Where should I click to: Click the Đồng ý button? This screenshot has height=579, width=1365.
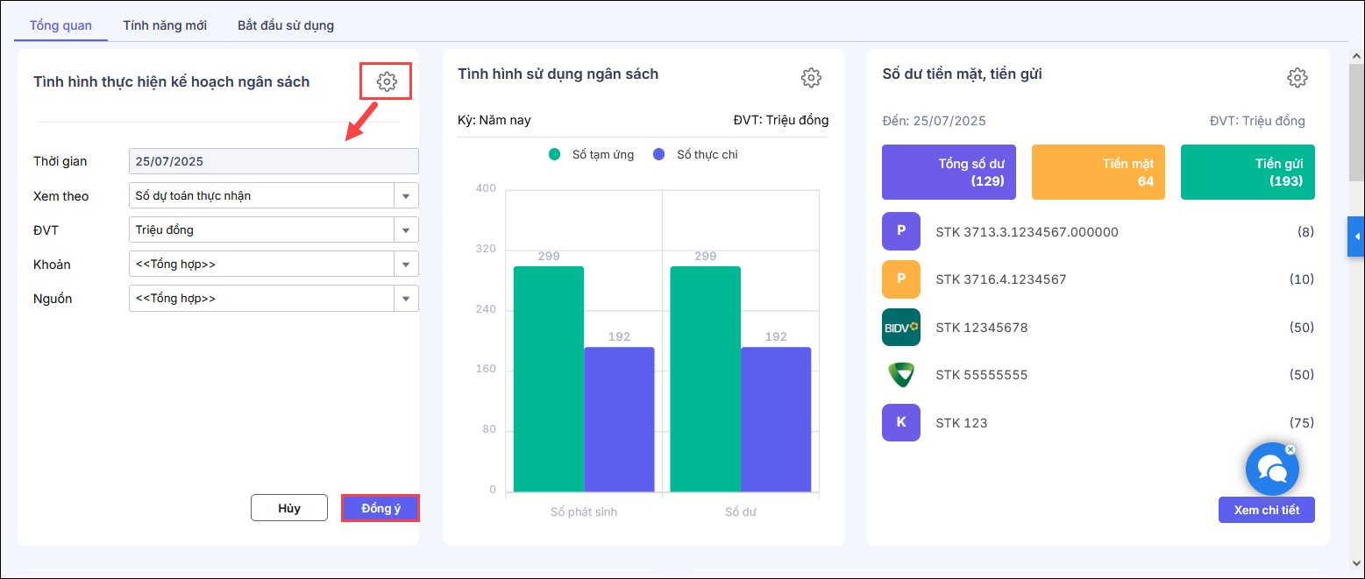(380, 508)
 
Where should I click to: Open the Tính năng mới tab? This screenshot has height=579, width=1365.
(165, 25)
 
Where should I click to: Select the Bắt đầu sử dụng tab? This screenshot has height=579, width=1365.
(286, 25)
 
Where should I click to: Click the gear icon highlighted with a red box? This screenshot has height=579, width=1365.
(387, 81)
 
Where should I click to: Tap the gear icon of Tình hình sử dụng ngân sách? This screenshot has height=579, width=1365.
(811, 78)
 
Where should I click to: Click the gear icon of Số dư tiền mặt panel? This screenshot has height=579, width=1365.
(1297, 78)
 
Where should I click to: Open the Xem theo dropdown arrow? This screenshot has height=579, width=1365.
(406, 195)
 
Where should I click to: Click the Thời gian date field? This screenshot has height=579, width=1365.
(274, 161)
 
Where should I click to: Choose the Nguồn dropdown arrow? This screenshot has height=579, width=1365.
(406, 299)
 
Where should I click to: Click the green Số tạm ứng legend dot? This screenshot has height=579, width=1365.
(554, 155)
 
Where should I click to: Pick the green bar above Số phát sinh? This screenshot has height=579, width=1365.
(549, 378)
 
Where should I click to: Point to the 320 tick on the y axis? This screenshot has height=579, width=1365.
(485, 249)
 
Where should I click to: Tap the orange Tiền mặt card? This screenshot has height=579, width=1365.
(1098, 173)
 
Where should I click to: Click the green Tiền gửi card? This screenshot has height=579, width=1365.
(1248, 173)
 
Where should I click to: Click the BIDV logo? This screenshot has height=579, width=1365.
(901, 328)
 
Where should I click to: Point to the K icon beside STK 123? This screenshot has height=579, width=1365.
(901, 423)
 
